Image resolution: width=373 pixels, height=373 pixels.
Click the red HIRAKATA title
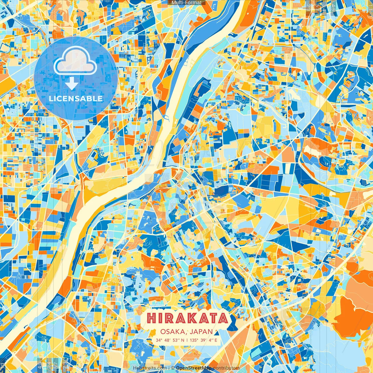click(x=187, y=318)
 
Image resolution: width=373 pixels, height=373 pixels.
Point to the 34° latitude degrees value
click(x=159, y=340)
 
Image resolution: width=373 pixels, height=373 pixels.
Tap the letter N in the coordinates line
click(x=182, y=340)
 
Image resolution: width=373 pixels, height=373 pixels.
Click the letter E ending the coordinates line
click(x=216, y=340)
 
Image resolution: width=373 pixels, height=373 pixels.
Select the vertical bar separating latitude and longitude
click(x=187, y=340)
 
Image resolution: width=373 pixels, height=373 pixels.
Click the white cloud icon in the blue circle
click(x=75, y=61)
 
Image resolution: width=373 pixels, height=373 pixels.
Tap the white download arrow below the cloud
click(x=72, y=84)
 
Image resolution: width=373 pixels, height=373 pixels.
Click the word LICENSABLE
click(x=76, y=98)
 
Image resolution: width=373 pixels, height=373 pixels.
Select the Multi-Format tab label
click(x=186, y=3)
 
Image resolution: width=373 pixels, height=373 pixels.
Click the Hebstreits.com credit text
click(x=150, y=368)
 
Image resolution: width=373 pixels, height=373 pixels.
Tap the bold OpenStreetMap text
click(x=193, y=368)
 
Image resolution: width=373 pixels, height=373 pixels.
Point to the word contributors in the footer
click(x=226, y=368)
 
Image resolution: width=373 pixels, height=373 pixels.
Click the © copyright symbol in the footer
click(x=173, y=368)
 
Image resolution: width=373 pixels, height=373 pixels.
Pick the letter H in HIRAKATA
click(x=152, y=318)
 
